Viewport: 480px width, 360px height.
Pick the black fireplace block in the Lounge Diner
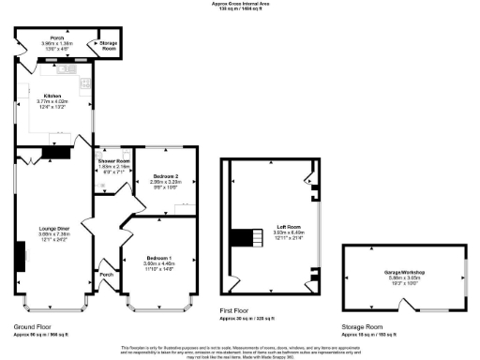click(20, 254)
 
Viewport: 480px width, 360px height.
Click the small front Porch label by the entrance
click(107, 275)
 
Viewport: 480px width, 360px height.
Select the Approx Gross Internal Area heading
click(240, 5)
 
